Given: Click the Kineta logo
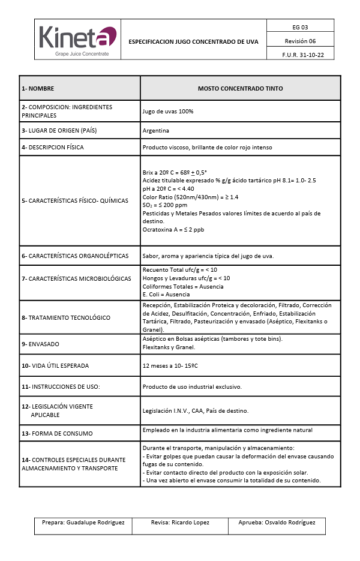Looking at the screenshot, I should click(77, 40).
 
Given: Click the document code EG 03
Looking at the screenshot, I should click(300, 27).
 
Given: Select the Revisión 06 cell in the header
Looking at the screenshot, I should click(300, 41).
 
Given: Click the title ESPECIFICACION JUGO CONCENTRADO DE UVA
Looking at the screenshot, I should click(193, 41).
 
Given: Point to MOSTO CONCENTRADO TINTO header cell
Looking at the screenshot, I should click(240, 88).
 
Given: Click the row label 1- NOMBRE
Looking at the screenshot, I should click(38, 88).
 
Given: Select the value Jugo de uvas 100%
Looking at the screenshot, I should click(168, 111).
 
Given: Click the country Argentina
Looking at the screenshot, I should click(156, 130).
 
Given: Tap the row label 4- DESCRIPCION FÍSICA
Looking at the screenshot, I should click(53, 147).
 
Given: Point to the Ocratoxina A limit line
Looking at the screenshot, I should click(173, 229).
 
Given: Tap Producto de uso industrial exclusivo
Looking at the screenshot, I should click(192, 387).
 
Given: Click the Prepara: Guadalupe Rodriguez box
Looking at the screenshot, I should click(83, 523).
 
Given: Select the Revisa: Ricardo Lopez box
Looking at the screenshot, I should click(180, 523).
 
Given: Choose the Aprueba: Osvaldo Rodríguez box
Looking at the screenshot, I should click(277, 523).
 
